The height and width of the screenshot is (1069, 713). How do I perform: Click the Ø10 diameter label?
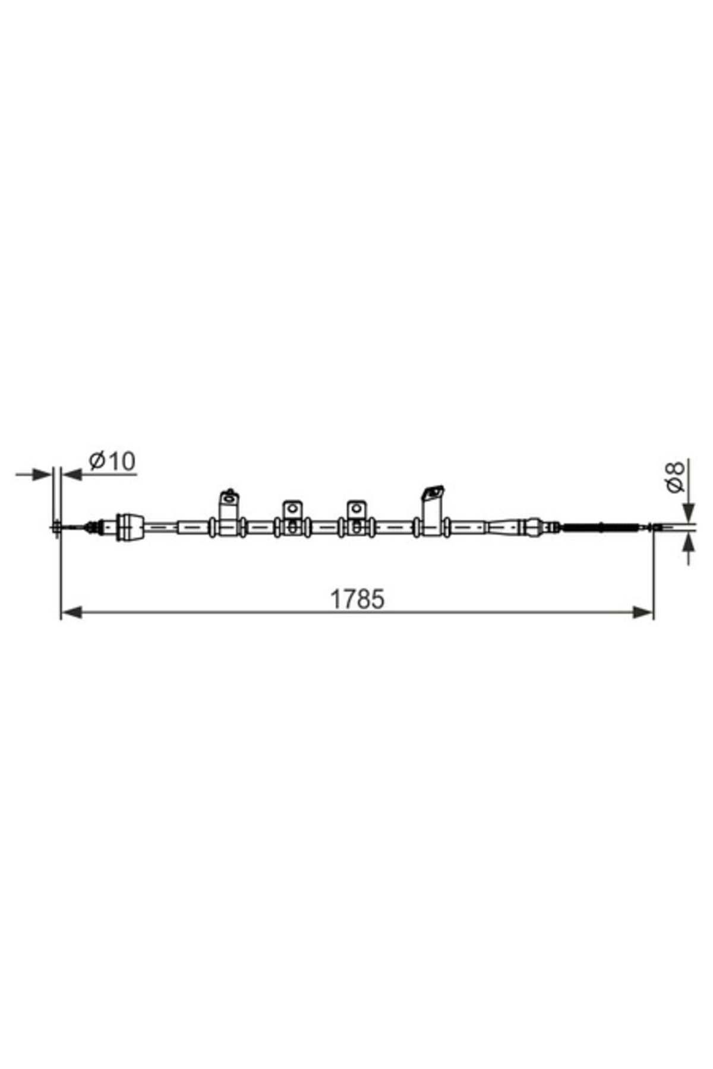(112, 461)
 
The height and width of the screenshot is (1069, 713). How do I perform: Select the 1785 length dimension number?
(357, 599)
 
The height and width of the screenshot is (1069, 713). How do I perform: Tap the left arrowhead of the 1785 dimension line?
(71, 612)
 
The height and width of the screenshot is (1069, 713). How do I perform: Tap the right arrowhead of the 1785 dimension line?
(643, 612)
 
